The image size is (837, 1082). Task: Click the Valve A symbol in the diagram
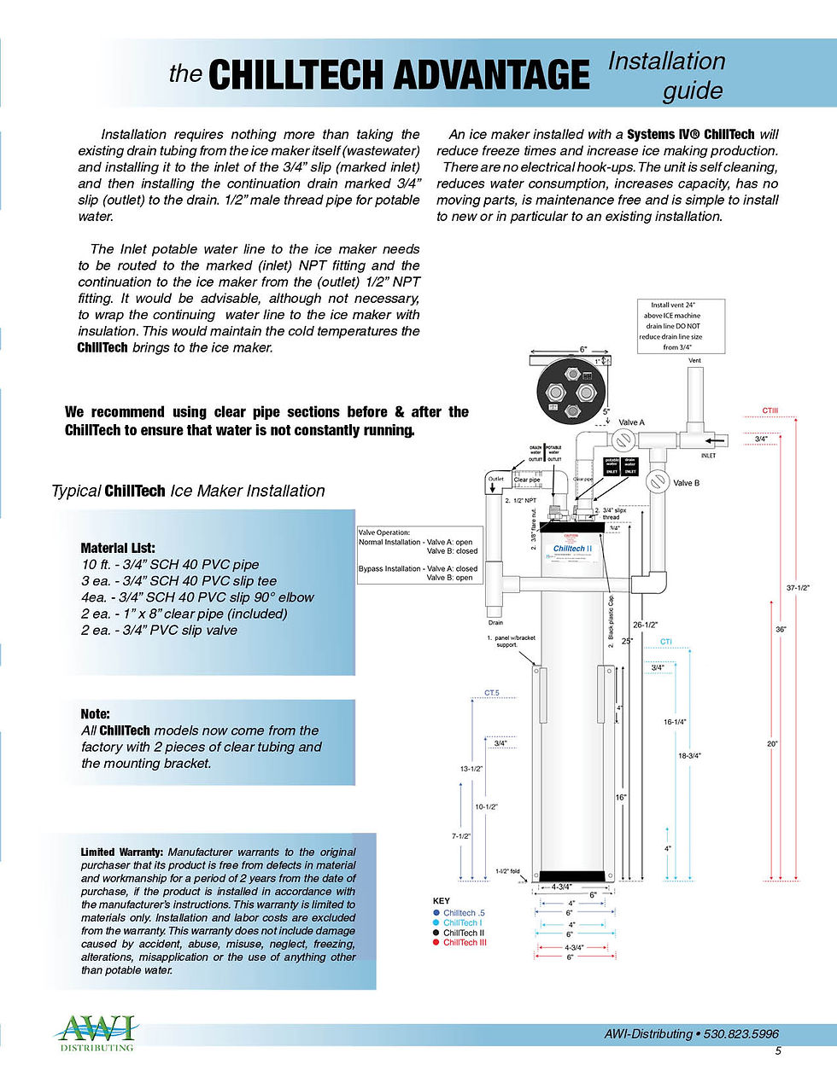[623, 440]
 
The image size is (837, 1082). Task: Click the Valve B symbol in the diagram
[658, 480]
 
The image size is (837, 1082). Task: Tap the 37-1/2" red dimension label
[798, 587]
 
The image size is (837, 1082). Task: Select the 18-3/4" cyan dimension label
[688, 755]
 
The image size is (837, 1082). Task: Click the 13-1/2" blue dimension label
[471, 769]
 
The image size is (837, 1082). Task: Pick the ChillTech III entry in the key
[465, 942]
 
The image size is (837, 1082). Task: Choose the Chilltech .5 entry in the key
[464, 913]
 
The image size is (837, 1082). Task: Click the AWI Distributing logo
[96, 1033]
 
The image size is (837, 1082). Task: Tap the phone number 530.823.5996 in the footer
[740, 1033]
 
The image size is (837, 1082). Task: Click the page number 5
[778, 1051]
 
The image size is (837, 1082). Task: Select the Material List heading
[118, 548]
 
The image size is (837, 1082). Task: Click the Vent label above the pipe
[694, 360]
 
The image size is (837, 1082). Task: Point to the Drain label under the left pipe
[495, 623]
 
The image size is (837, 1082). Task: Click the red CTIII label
[770, 410]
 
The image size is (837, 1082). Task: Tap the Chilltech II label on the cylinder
[572, 549]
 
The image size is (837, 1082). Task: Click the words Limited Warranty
[121, 852]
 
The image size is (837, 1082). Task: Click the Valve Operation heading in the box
[384, 532]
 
